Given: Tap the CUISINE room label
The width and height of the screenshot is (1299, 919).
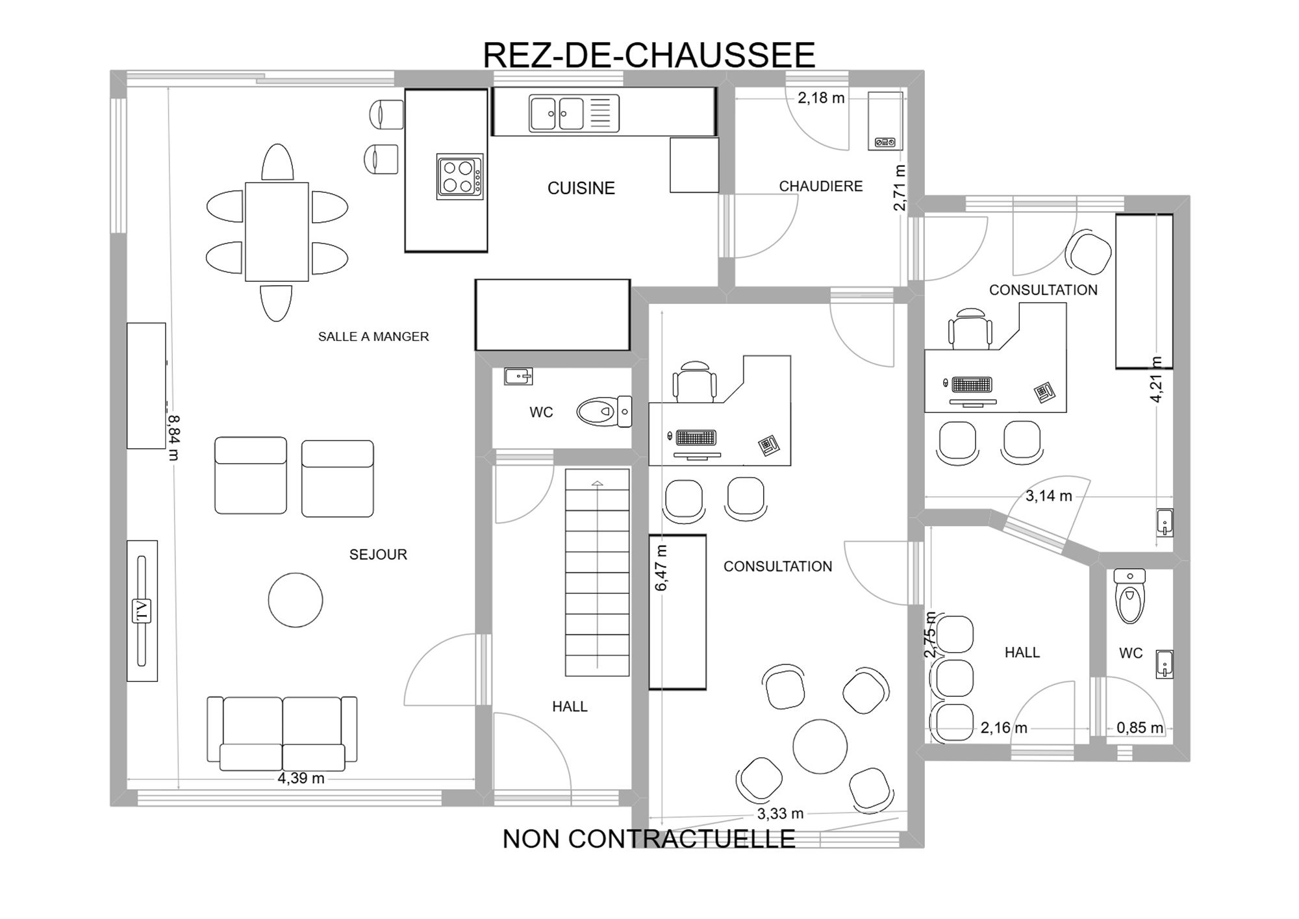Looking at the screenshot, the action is click(581, 188).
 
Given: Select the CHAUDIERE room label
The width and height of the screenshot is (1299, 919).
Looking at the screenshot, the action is click(821, 186).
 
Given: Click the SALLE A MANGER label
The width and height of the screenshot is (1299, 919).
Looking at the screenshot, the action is click(373, 336).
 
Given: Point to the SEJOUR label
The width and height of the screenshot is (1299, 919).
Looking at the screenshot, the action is click(378, 555).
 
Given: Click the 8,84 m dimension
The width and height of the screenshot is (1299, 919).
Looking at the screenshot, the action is click(173, 437).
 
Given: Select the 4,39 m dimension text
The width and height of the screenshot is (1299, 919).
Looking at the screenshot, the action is click(301, 778).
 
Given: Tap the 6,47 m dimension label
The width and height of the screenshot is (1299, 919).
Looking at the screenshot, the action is click(661, 568).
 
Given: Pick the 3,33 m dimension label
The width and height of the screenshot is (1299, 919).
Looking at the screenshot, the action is click(780, 814).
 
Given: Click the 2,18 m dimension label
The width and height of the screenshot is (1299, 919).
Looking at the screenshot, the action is click(821, 98).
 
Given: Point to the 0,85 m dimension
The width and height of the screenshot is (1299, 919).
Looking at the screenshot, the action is click(1140, 728).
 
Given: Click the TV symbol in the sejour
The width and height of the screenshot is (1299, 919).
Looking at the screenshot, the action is click(142, 611).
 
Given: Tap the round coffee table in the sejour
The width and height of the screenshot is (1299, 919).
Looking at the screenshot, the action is click(296, 600).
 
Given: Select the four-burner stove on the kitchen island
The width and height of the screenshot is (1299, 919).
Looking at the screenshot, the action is click(460, 177).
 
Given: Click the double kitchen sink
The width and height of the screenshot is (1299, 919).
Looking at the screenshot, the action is click(557, 114).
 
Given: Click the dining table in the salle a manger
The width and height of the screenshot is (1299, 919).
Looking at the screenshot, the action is click(277, 232).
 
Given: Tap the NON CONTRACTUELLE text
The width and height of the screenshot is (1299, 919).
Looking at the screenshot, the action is click(649, 839).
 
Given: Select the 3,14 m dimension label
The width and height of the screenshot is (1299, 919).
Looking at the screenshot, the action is click(1049, 496).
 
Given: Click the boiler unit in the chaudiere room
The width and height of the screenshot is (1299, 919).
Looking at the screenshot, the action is click(886, 121).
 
